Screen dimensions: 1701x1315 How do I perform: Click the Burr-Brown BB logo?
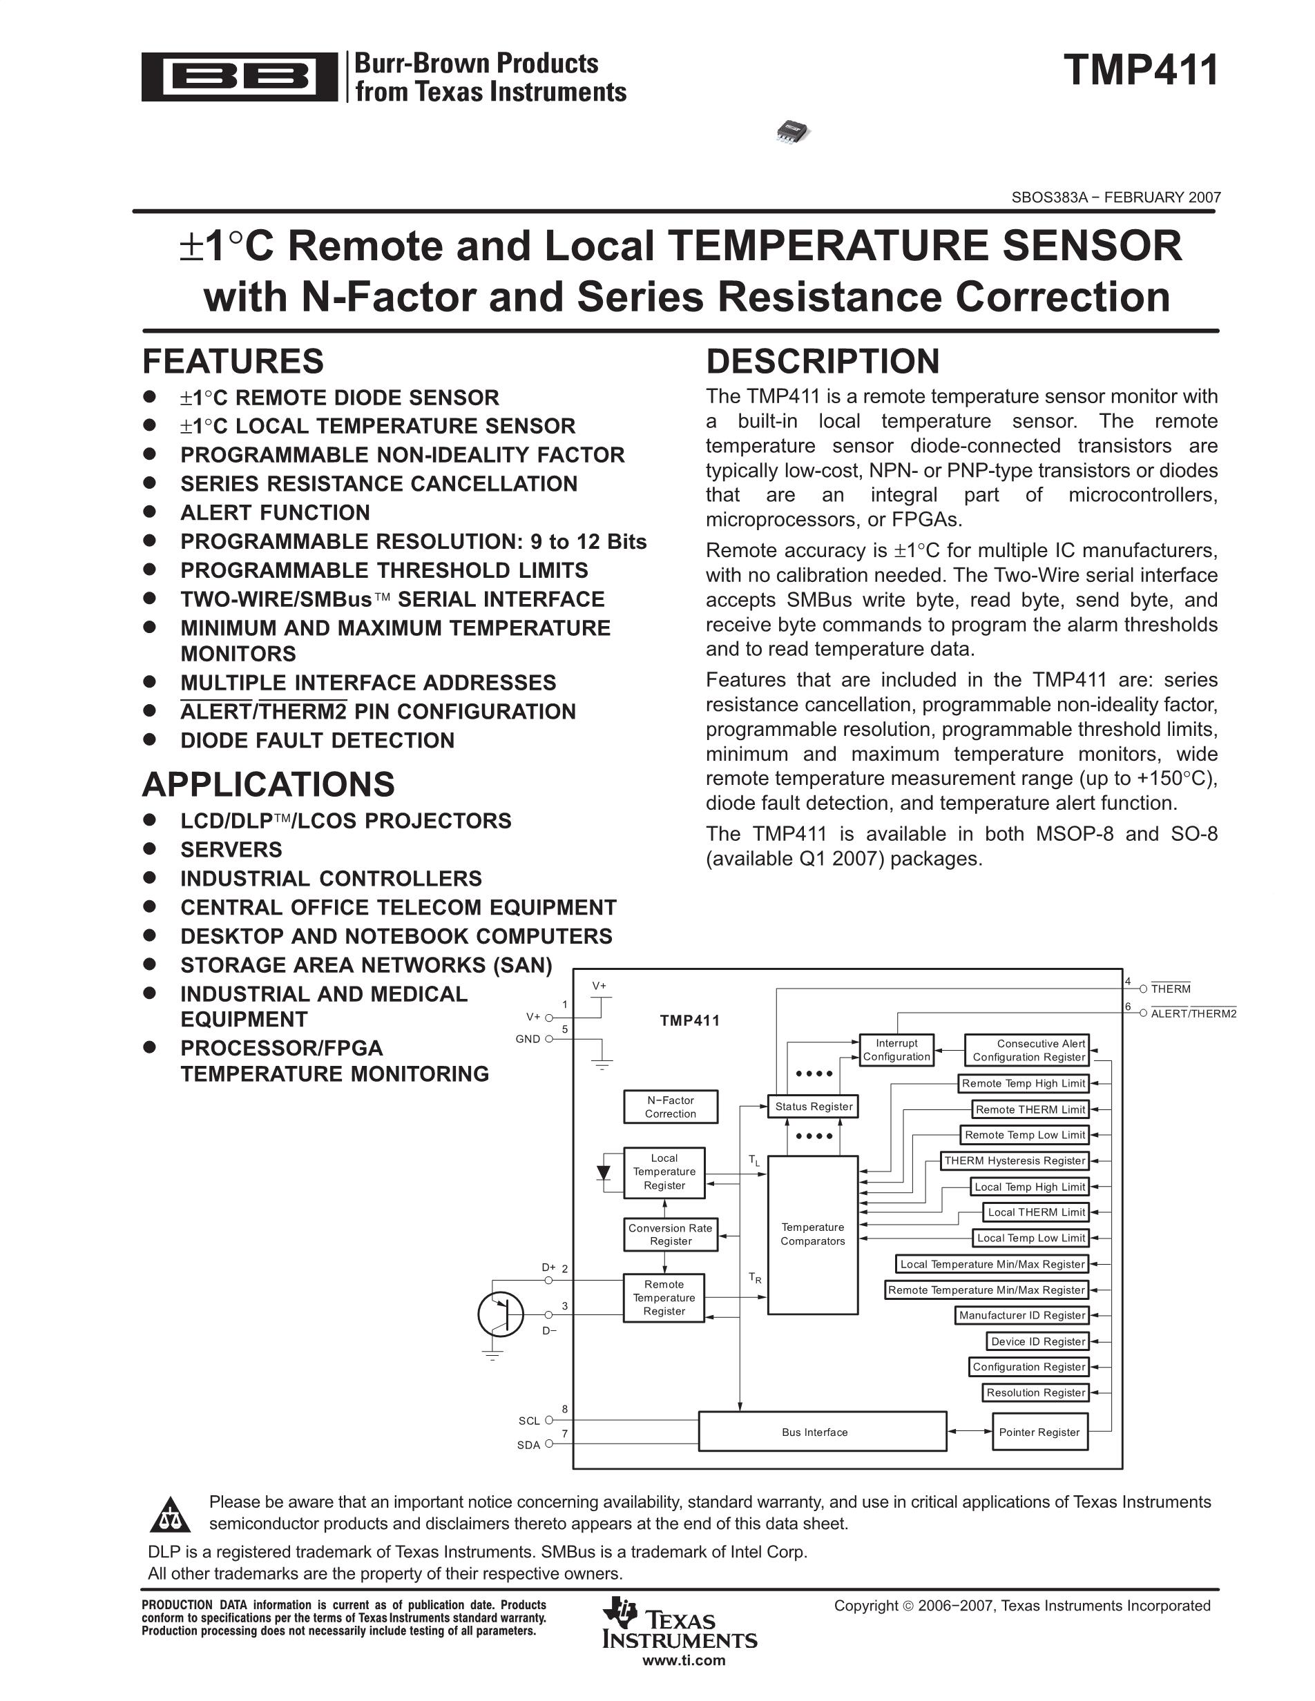tap(239, 77)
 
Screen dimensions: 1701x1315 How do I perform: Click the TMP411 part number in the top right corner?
tap(1140, 70)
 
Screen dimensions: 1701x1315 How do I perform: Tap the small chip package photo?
tap(792, 131)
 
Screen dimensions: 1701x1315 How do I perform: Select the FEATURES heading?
tap(233, 361)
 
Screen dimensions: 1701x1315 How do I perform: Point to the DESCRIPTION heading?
tap(823, 361)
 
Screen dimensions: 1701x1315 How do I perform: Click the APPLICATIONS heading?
tap(268, 784)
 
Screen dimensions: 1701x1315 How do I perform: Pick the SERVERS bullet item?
tap(231, 850)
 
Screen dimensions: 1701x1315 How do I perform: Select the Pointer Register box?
tap(1039, 1432)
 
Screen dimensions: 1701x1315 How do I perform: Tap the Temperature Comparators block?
tap(812, 1234)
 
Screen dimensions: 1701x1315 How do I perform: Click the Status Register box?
tap(814, 1106)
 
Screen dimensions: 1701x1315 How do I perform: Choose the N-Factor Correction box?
tap(670, 1107)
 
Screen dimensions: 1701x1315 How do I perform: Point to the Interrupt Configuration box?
tap(896, 1050)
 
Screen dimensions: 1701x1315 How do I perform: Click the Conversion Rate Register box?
tap(670, 1234)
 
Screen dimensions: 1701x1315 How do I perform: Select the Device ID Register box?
tap(1037, 1341)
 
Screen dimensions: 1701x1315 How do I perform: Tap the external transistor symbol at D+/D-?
tap(501, 1314)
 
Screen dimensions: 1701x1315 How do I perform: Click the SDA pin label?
tap(528, 1446)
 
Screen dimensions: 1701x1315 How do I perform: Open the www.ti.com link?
tap(683, 1660)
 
